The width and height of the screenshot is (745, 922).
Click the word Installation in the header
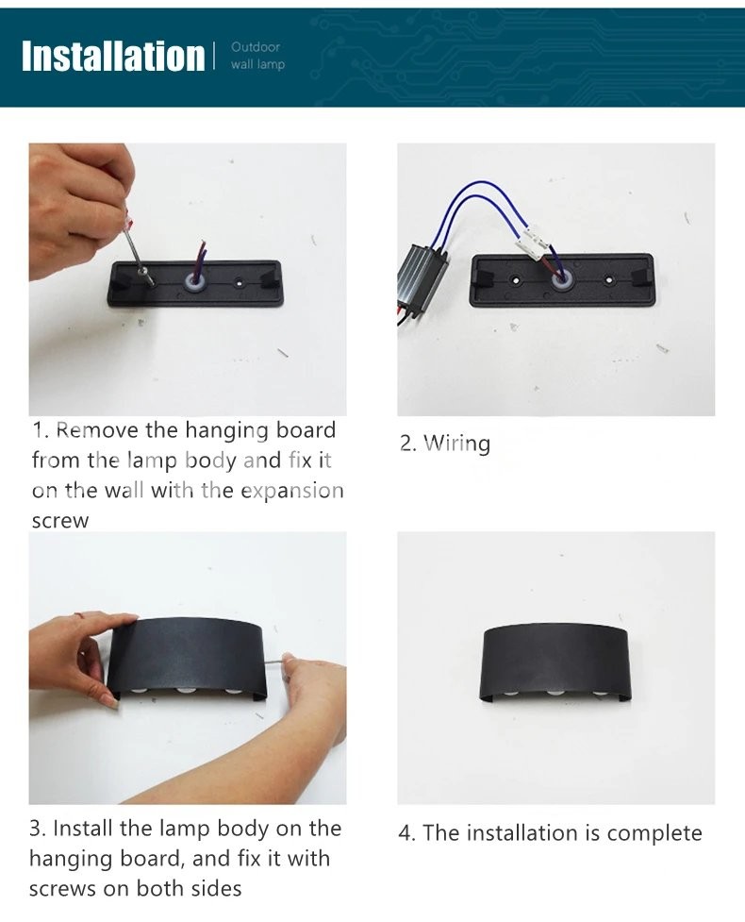113,57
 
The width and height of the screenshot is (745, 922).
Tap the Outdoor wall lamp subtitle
257,56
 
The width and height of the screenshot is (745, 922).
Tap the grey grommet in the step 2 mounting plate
562,281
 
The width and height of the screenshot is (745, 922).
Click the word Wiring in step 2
456,444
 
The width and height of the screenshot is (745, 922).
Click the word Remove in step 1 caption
97,429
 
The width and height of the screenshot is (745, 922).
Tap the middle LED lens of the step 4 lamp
555,693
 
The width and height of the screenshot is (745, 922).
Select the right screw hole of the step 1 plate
240,283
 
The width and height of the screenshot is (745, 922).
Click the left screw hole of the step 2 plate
515,280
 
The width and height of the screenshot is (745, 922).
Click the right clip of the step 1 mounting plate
271,279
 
